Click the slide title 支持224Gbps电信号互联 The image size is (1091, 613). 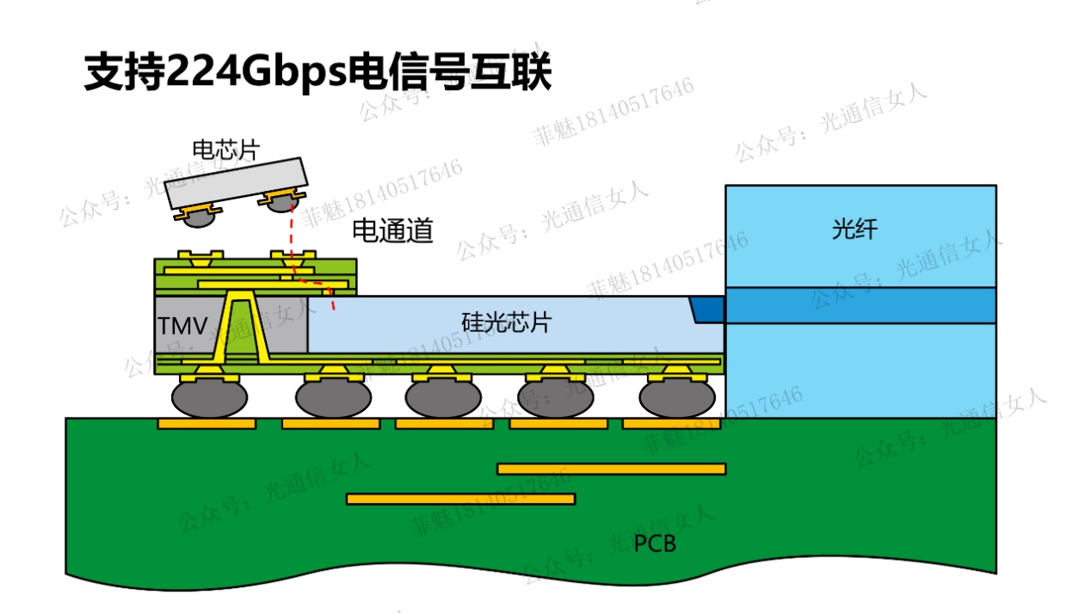point(317,72)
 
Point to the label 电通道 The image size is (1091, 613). point(392,230)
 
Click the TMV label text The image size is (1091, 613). point(182,326)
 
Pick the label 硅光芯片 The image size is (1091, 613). point(506,323)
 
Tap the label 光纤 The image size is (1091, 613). point(854,229)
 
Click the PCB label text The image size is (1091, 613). point(655,543)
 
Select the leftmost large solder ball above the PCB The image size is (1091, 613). point(209,397)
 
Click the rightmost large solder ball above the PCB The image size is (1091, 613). point(676,397)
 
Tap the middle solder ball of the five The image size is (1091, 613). point(443,397)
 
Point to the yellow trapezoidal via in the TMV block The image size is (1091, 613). point(243,327)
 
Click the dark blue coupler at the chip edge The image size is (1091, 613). point(707,309)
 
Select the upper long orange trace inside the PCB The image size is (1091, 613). point(611,469)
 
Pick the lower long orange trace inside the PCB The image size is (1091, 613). point(460,499)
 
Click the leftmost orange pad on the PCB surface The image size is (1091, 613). point(206,424)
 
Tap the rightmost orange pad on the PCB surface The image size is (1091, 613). point(671,424)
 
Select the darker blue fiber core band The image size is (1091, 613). point(860,305)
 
